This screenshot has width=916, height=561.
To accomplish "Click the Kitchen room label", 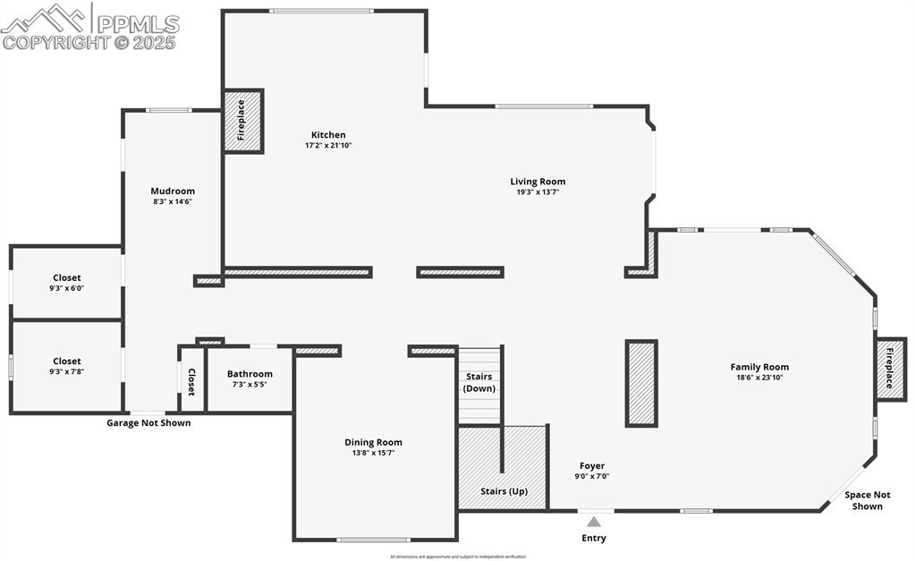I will pyautogui.click(x=328, y=135).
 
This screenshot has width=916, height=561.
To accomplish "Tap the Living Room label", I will pyautogui.click(x=538, y=182).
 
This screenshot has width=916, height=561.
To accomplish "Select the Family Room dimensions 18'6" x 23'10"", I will pyautogui.click(x=759, y=378).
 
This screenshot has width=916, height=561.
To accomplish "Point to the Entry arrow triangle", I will pyautogui.click(x=594, y=522).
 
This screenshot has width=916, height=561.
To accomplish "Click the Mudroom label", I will pyautogui.click(x=173, y=191).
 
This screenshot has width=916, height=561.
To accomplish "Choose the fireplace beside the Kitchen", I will pyautogui.click(x=242, y=121).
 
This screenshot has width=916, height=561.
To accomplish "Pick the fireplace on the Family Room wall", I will pyautogui.click(x=890, y=368).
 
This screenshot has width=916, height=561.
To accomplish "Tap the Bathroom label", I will pyautogui.click(x=250, y=374).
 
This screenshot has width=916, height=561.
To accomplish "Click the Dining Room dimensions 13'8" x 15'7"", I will pyautogui.click(x=373, y=453).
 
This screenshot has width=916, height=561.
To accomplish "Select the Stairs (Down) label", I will pyautogui.click(x=479, y=382).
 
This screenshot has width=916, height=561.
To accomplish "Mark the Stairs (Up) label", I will pyautogui.click(x=504, y=491).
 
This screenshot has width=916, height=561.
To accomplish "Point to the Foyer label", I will pyautogui.click(x=592, y=465).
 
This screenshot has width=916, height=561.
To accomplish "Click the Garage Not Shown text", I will pyautogui.click(x=148, y=423).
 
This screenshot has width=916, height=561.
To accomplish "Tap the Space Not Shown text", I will pyautogui.click(x=868, y=500).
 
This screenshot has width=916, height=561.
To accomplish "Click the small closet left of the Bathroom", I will pyautogui.click(x=191, y=380).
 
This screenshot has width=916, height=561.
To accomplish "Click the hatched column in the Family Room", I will pyautogui.click(x=641, y=383).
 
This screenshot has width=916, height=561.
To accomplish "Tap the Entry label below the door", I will pyautogui.click(x=594, y=539).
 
